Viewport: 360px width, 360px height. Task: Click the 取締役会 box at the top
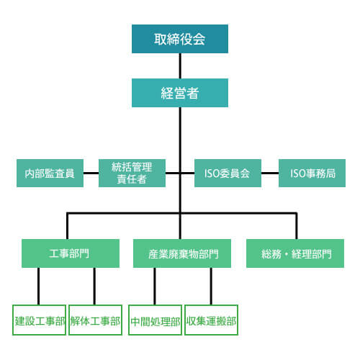pos(180,39)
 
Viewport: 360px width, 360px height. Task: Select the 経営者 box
pos(180,93)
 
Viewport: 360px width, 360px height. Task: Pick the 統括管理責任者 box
pos(132,174)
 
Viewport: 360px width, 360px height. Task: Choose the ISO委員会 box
pos(228,174)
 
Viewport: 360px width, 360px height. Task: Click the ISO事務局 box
pos(312,174)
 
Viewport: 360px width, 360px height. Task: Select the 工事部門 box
pos(70,253)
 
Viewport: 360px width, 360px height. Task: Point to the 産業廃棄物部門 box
pos(180,253)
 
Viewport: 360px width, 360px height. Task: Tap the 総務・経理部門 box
pos(294,253)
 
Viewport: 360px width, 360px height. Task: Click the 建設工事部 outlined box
pos(40,321)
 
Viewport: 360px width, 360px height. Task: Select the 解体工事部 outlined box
pos(95,321)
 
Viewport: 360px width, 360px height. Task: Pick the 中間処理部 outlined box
pos(155,321)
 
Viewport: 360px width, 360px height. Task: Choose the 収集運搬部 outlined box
pos(211,321)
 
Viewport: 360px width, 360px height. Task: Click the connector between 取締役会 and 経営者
pos(180,66)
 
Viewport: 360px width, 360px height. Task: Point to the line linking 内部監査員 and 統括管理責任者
pos(91,174)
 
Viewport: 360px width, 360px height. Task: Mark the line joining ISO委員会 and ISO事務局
pos(269,174)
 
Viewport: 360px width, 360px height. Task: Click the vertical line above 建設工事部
pos(38,287)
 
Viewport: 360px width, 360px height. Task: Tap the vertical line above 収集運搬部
pos(211,287)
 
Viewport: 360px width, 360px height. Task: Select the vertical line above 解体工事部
pos(94,287)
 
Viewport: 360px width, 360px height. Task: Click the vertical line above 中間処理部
pos(154,287)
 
